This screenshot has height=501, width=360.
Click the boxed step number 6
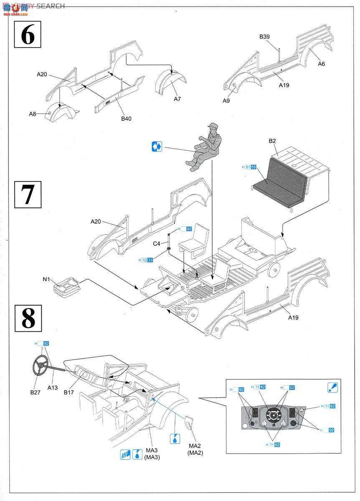point(28,35)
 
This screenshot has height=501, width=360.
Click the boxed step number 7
point(28,194)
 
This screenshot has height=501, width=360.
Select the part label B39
point(264,37)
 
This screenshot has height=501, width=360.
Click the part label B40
point(126,119)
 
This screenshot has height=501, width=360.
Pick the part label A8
point(33,114)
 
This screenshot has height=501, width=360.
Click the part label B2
point(272,141)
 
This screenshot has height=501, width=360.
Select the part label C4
point(156,243)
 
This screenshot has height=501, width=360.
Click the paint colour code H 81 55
point(249,167)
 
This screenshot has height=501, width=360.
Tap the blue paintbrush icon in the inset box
point(333,387)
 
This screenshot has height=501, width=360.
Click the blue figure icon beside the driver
point(157,147)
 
